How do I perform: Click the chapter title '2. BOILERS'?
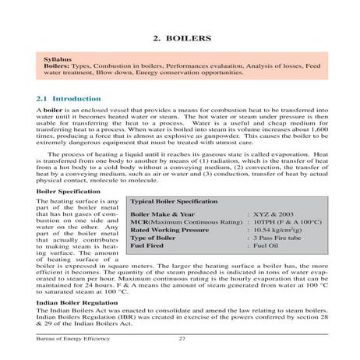coord(180,37)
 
